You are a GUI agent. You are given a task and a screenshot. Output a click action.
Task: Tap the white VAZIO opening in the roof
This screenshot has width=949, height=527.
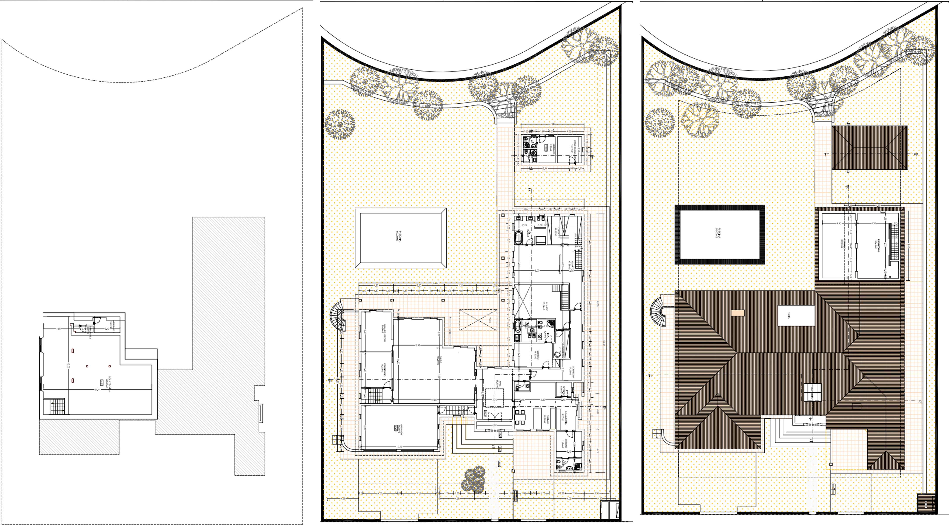pos(796,315)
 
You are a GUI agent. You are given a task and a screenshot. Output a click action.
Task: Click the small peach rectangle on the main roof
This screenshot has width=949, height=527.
pos(738,313)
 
